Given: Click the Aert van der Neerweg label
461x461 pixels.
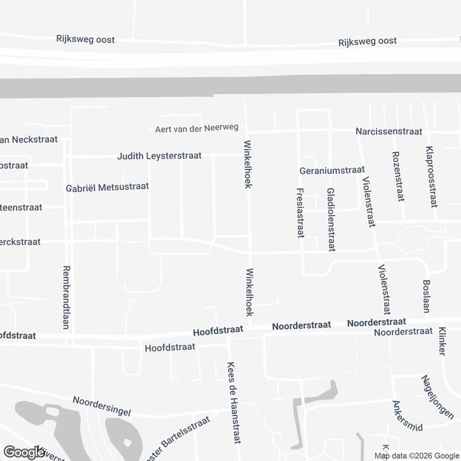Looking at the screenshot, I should (x=196, y=129).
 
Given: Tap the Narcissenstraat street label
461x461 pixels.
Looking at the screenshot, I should (x=389, y=132).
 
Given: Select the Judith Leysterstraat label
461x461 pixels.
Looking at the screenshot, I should (x=159, y=156).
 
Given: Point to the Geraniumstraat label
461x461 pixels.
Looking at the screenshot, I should (x=332, y=170).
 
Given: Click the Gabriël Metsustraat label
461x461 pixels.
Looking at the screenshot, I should (x=107, y=187).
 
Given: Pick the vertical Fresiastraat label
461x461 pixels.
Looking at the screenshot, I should (x=300, y=213).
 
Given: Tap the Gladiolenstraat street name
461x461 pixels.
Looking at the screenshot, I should (x=330, y=219).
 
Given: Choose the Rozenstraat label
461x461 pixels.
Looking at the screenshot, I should (x=398, y=177).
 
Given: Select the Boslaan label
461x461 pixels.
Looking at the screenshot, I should (x=427, y=297).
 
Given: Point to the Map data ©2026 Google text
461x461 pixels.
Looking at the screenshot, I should (x=416, y=455).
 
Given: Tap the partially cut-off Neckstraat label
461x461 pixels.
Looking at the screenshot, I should (x=29, y=140).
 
